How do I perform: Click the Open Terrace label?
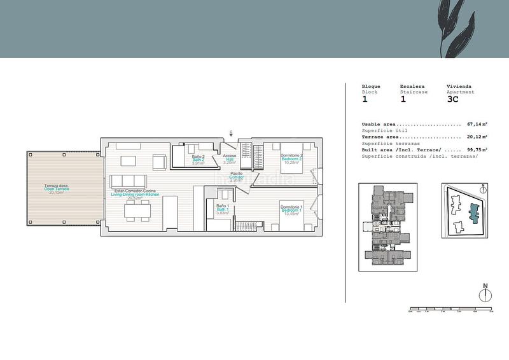pyautogui.click(x=56, y=189)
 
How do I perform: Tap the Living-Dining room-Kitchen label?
pyautogui.click(x=134, y=194)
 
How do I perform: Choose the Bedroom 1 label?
pyautogui.click(x=292, y=210)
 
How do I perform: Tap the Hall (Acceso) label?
pyautogui.click(x=230, y=159)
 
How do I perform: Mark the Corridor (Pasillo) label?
pyautogui.click(x=236, y=177)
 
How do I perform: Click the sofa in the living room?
pyautogui.click(x=130, y=180)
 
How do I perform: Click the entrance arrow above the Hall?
pyautogui.click(x=231, y=134)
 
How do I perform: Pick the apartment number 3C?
pyautogui.click(x=453, y=99)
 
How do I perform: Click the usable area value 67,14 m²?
pyautogui.click(x=477, y=125)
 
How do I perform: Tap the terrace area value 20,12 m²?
pyautogui.click(x=477, y=137)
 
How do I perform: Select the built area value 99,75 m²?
pyautogui.click(x=477, y=149)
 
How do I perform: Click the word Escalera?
pyautogui.click(x=413, y=86)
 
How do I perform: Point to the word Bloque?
pyautogui.click(x=371, y=86)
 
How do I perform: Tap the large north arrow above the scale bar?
pyautogui.click(x=485, y=294)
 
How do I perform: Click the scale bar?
pyautogui.click(x=450, y=310)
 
